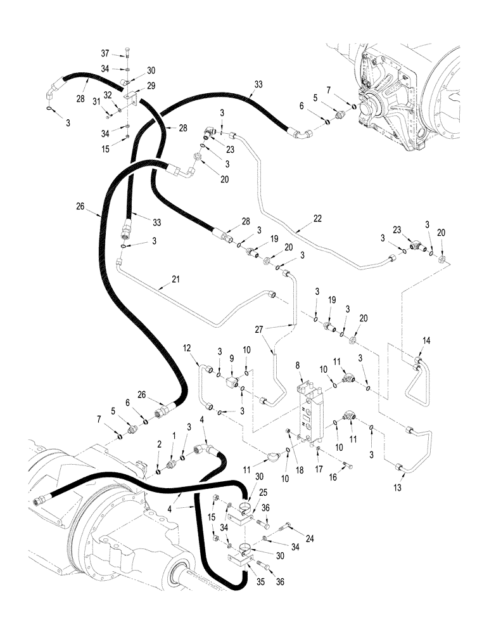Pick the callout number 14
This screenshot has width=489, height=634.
pos(426,341)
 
